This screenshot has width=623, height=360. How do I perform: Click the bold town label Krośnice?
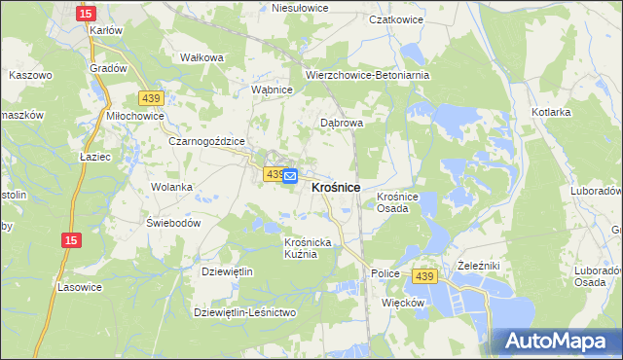click(336, 187)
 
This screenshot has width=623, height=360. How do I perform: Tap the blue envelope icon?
click(290, 176)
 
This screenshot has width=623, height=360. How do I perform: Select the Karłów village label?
click(105, 30)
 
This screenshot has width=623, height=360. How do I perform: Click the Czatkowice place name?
click(393, 19)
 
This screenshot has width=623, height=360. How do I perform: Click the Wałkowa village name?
click(202, 57)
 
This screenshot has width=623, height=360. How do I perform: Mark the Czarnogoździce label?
click(204, 141)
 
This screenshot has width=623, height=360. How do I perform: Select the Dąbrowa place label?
click(342, 124)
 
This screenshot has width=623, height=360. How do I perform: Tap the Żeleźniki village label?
click(478, 265)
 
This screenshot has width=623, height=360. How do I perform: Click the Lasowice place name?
click(80, 286)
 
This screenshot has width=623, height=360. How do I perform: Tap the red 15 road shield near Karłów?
click(86, 13)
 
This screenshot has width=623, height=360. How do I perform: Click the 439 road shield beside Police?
click(421, 276)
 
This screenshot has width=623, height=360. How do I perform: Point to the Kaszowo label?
click(30, 74)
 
